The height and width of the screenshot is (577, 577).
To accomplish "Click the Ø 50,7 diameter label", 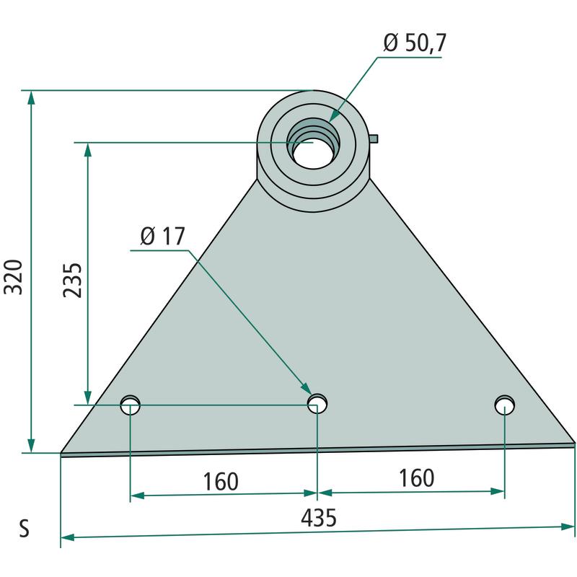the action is [415, 43].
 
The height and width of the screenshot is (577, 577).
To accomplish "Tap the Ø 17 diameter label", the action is [162, 236].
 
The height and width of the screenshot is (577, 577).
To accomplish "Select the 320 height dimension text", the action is [13, 277].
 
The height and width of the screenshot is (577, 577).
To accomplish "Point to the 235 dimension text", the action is [72, 280].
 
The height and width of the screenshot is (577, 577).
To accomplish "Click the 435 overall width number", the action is [319, 517].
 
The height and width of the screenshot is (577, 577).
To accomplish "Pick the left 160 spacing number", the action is [221, 481].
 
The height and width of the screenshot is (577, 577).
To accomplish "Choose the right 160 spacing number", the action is [417, 478].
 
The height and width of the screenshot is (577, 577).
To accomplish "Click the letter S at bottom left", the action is [24, 529].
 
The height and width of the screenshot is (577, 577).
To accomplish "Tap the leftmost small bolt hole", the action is [131, 405].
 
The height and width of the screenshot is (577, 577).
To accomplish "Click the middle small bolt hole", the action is [317, 403].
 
